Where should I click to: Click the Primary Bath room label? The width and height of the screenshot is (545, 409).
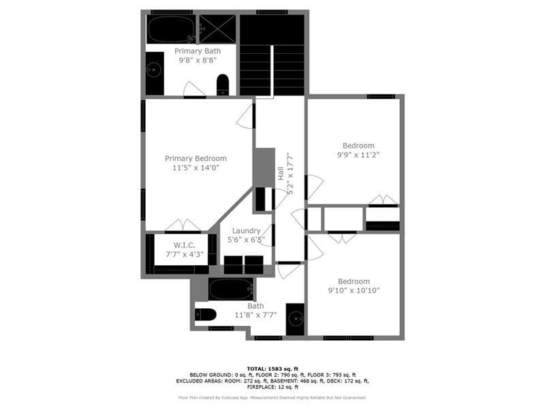tap(198, 51)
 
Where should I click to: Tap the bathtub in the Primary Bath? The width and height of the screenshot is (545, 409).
tap(170, 29)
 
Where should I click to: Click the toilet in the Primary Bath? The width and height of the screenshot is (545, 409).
tap(223, 85)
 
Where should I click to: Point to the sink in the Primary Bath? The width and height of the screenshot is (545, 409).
tap(155, 69)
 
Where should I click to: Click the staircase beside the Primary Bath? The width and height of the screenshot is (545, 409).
tap(272, 55)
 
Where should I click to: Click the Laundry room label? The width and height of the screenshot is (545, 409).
tap(245, 231)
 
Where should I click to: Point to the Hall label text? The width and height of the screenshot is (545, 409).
tap(280, 174)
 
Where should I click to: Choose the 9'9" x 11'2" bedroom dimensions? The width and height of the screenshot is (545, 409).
tap(358, 155)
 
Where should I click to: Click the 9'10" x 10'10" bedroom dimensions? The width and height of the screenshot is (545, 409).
tap(354, 290)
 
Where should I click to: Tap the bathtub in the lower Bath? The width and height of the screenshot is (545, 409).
tap(231, 289)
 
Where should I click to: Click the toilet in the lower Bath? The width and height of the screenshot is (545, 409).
tap(205, 314)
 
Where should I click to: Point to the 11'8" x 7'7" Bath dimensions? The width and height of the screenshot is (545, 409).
tap(255, 315)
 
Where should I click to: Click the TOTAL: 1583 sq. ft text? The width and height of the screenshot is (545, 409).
tap(272, 368)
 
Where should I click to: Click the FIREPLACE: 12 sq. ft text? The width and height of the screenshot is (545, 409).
tap(272, 387)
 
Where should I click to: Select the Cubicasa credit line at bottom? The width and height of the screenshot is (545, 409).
tap(272, 397)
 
